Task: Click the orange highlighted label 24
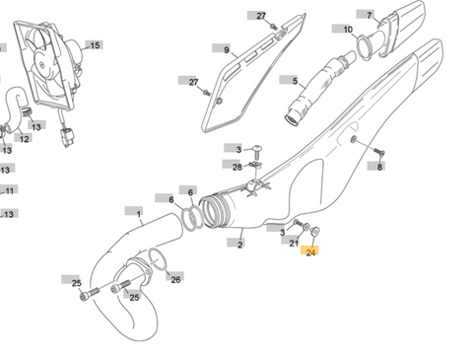coord(309,252)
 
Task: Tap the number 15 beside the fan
coord(95,45)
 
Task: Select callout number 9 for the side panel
coord(227,50)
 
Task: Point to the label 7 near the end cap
coord(370,15)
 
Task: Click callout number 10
coord(348,30)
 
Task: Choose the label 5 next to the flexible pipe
coord(295,81)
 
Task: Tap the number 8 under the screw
coord(379,167)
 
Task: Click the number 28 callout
coord(237,167)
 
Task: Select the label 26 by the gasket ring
coord(175,279)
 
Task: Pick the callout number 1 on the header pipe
coord(139,214)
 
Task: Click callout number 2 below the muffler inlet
coord(240,245)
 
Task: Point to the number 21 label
coord(294,243)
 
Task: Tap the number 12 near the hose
coord(24,139)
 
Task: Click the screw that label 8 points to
coord(379,152)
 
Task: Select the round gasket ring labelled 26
coord(158,258)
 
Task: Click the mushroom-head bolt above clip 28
coord(257,152)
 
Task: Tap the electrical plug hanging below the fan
coord(66,138)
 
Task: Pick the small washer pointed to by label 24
coord(314,232)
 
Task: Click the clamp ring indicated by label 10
coord(364,47)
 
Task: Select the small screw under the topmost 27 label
coord(273,27)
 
